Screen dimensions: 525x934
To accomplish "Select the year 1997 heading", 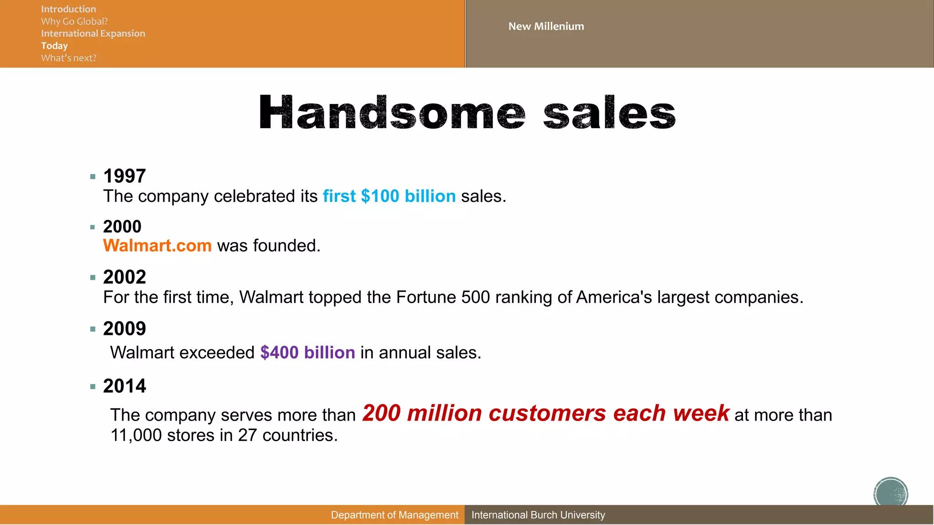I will [125, 176].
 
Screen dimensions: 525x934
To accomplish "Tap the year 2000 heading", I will [122, 226].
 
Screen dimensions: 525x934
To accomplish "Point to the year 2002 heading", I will [125, 277].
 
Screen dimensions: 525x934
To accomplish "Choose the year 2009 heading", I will [125, 329].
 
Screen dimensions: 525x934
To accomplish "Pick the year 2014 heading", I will [125, 386].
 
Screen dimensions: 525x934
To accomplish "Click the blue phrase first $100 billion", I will [389, 196].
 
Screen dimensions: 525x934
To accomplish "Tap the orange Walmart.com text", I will [157, 246].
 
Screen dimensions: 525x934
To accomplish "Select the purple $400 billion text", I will [307, 353].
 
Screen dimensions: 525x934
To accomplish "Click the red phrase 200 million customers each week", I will [545, 413].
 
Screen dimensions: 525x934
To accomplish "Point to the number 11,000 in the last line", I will [136, 435].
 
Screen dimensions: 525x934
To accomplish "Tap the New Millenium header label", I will [546, 26].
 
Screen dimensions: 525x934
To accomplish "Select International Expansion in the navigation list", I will [93, 33].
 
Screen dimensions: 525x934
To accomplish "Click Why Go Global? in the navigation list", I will [74, 21].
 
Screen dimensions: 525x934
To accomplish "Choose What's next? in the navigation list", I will [69, 58].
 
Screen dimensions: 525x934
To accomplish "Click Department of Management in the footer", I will [394, 515].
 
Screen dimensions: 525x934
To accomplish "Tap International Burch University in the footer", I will [538, 515].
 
